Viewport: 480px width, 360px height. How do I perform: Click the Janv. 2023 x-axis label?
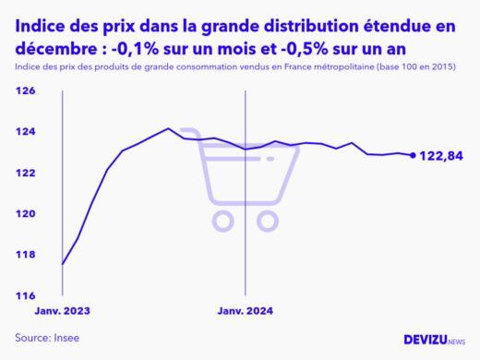pyautogui.click(x=64, y=311)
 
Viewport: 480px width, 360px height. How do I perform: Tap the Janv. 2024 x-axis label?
pyautogui.click(x=245, y=311)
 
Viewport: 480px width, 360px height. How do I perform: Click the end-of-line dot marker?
pyautogui.click(x=412, y=155)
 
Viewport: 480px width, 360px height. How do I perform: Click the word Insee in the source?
pyautogui.click(x=65, y=338)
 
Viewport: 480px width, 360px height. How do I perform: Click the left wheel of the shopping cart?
pyautogui.click(x=222, y=220)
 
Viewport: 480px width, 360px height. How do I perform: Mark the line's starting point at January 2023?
pyautogui.click(x=63, y=264)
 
